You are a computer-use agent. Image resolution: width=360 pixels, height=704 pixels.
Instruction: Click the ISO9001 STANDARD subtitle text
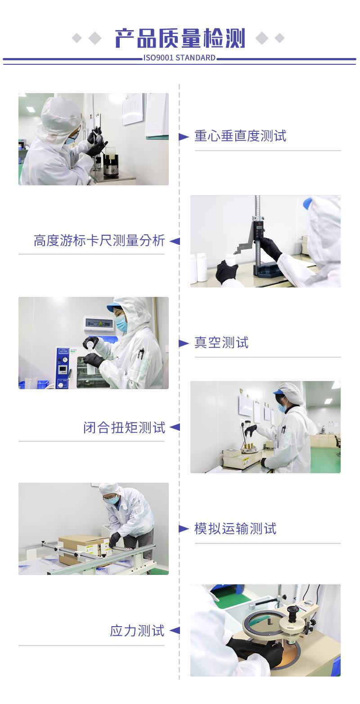(180, 58)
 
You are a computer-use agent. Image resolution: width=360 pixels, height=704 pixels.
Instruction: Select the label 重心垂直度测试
(240, 136)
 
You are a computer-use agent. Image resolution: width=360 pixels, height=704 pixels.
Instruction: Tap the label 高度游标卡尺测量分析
(99, 241)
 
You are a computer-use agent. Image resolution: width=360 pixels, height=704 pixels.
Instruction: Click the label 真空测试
(221, 343)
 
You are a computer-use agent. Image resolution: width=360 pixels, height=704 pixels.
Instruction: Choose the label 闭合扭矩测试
(125, 427)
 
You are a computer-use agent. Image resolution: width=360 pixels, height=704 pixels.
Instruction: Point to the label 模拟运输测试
(235, 529)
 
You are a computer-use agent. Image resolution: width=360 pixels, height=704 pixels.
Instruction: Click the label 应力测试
(137, 631)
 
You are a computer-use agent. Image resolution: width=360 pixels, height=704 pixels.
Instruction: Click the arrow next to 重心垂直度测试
(184, 137)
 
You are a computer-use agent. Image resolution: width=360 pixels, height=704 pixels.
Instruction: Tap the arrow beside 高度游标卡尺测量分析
(175, 242)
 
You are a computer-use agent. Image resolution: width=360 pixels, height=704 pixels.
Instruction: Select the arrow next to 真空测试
(184, 344)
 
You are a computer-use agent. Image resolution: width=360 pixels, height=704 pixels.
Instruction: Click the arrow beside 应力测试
(175, 631)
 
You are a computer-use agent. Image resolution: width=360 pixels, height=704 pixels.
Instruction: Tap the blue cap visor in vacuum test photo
(112, 309)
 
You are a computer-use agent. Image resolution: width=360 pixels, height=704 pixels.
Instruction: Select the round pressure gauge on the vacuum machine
(64, 360)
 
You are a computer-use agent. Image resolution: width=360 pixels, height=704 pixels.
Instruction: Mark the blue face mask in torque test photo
(282, 408)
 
